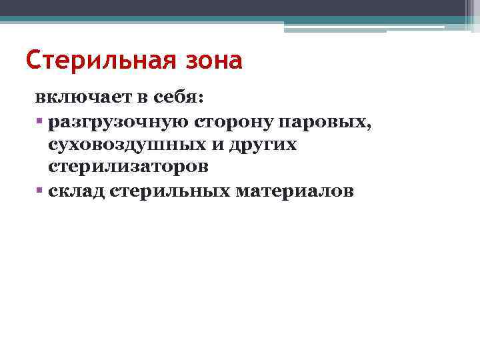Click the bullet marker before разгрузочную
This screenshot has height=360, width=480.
click(40, 122)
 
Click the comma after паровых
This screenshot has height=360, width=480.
click(350, 126)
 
